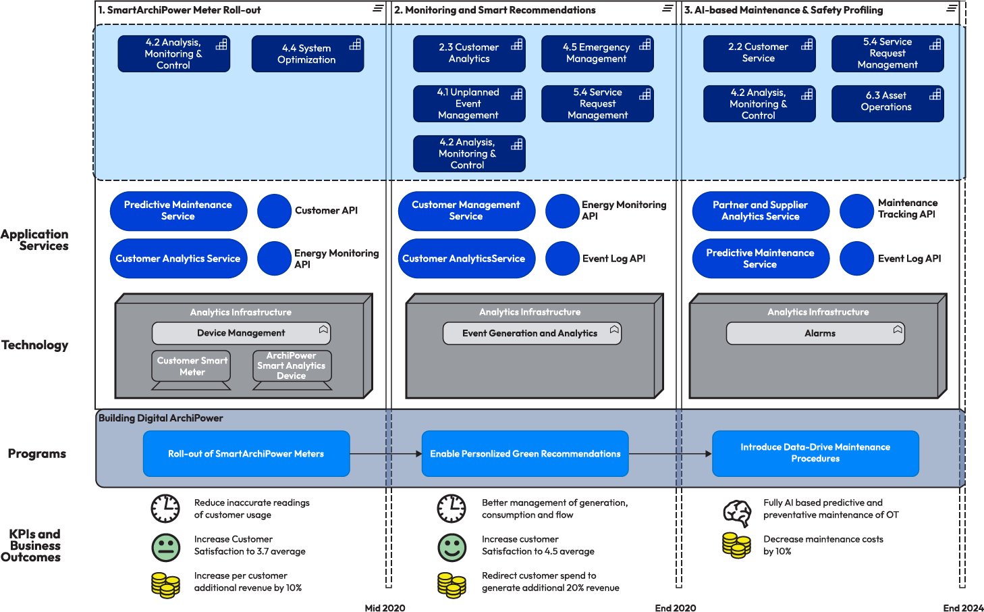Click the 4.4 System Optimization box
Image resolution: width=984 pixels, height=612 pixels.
coord(307,54)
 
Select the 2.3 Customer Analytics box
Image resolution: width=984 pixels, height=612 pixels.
coord(469,53)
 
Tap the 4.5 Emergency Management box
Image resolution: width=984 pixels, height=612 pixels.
coord(597,53)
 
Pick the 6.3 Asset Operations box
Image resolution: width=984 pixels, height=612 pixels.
coord(887,103)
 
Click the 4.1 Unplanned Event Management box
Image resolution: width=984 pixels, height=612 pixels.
coord(469,103)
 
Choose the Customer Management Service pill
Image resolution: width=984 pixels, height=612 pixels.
coord(466,211)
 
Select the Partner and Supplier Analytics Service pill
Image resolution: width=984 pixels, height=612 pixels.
coord(761,211)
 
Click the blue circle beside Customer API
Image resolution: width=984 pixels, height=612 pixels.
coord(275,211)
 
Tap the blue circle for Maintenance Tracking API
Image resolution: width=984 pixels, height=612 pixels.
coord(856,211)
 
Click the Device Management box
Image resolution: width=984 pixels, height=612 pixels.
coord(241,333)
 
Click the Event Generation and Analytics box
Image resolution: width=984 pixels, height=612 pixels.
coord(531,333)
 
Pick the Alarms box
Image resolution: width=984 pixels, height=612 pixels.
coord(815,333)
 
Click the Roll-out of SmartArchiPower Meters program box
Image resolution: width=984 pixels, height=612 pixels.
coord(246,454)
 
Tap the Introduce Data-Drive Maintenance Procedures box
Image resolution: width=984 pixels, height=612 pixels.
coord(815,453)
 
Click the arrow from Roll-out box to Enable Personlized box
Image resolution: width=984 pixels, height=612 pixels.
coord(385,454)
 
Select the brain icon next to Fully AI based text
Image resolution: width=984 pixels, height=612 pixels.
coord(737,513)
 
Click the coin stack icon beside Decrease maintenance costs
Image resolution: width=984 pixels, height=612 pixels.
coord(736,545)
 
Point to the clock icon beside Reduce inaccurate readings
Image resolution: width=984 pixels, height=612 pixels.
coord(165,509)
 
